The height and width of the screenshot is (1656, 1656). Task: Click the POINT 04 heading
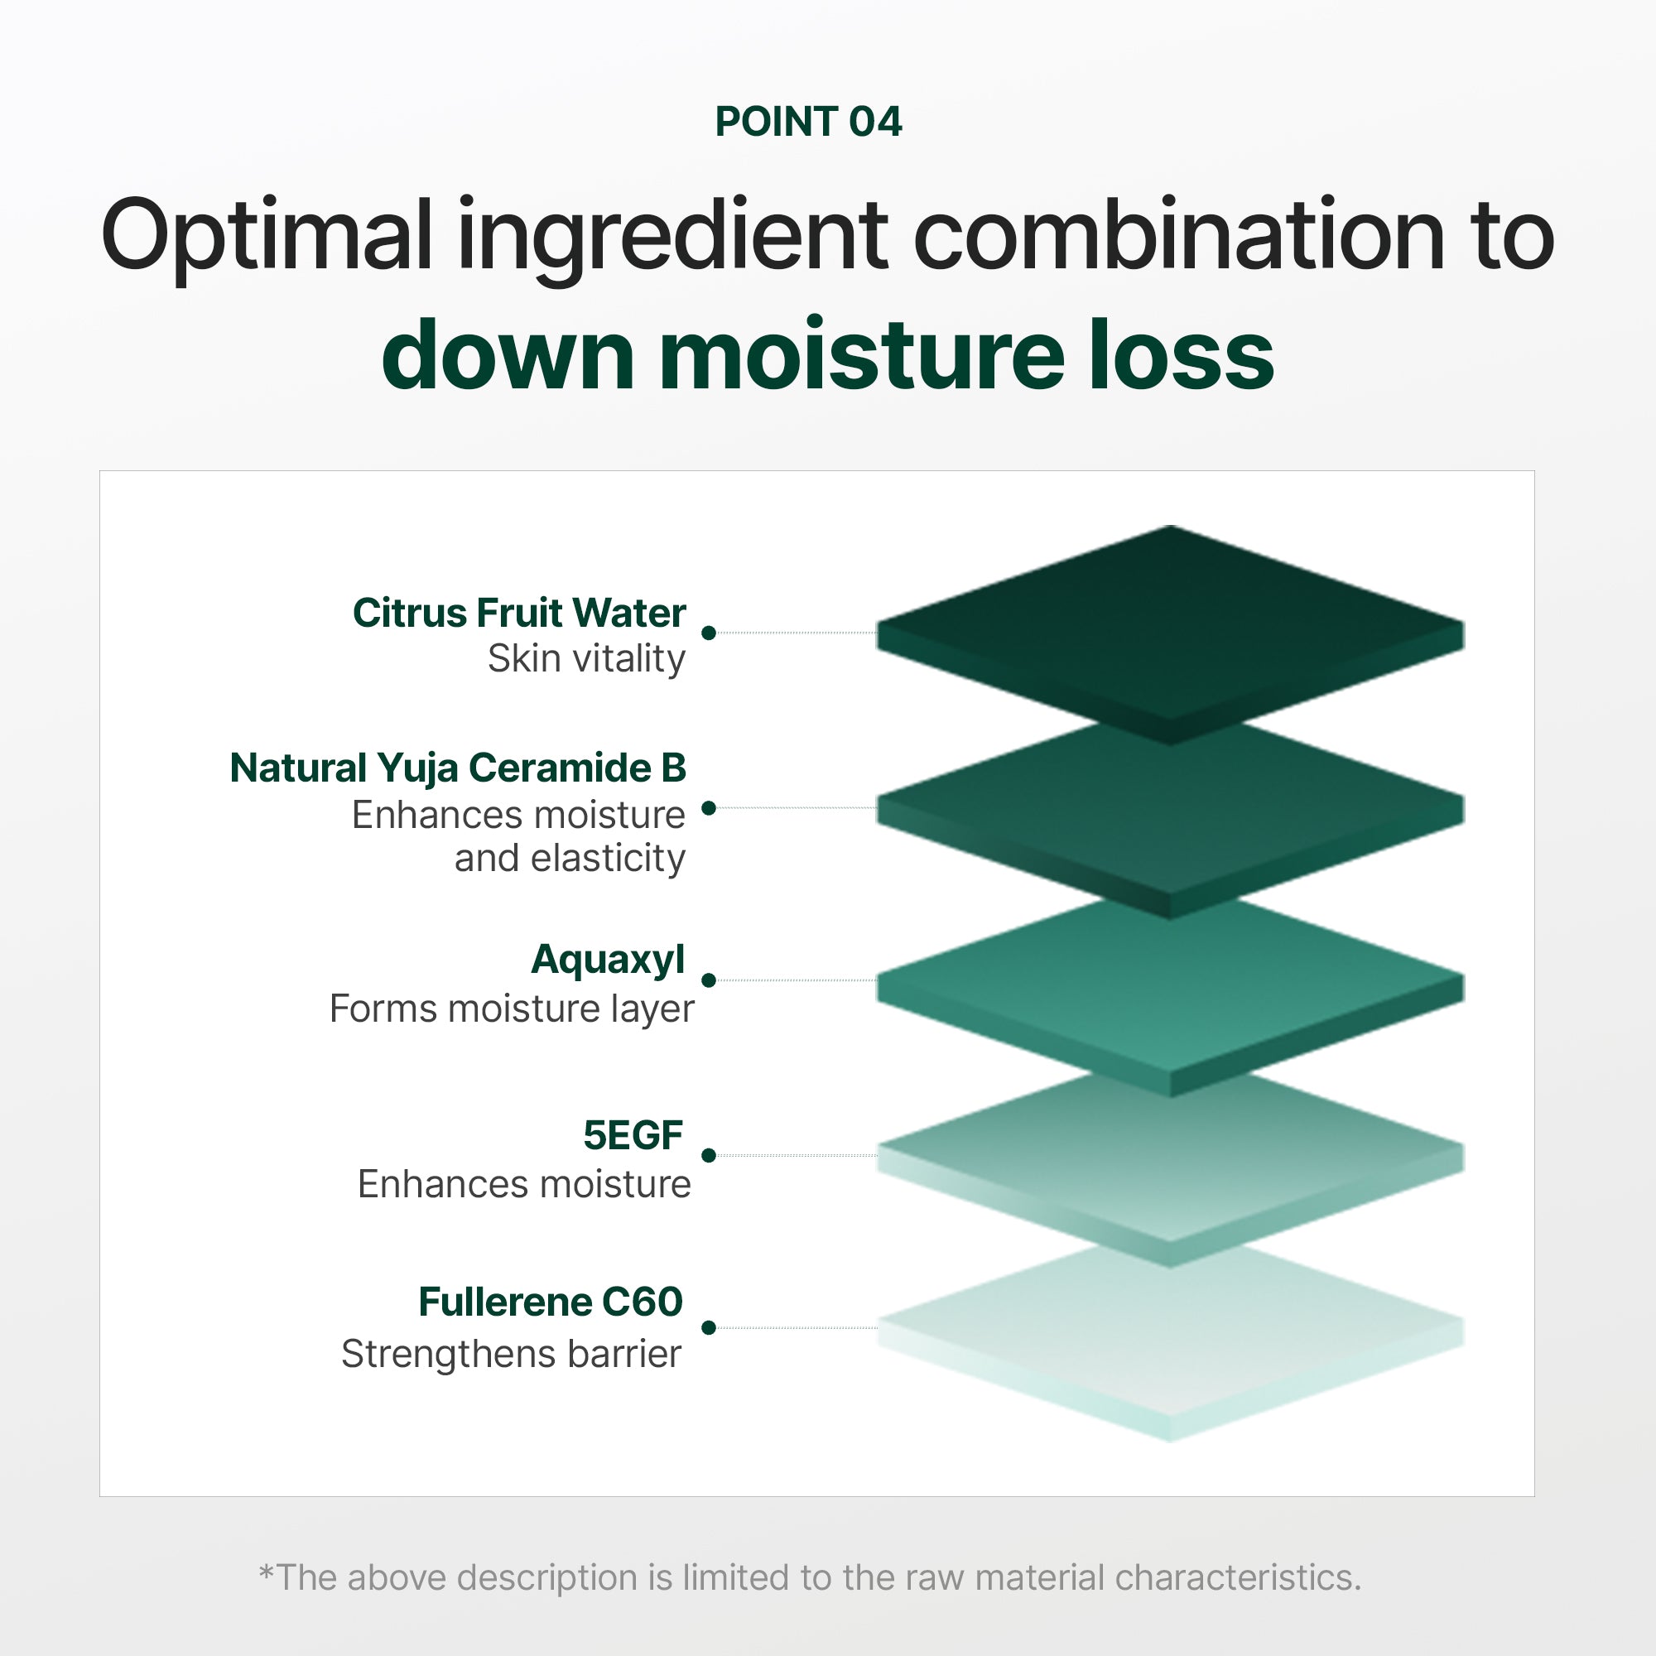(808, 122)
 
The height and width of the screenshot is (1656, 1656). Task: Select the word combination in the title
(1179, 233)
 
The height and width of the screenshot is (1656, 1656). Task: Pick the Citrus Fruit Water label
(519, 613)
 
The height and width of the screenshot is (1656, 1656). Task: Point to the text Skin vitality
(587, 659)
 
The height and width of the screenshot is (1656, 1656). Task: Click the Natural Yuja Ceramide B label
(459, 769)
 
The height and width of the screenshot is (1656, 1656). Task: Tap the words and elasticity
(570, 858)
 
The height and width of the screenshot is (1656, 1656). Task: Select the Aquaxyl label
(609, 960)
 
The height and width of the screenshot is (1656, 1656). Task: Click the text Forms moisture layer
(512, 1009)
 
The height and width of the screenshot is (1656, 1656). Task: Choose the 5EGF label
(633, 1135)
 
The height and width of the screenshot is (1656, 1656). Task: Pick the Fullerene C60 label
(551, 1302)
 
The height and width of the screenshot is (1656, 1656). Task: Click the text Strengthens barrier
(511, 1355)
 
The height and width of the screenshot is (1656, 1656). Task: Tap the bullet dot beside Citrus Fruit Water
(709, 633)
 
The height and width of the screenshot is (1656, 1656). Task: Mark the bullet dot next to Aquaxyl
(709, 980)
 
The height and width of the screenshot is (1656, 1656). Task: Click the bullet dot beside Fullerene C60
(709, 1328)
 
